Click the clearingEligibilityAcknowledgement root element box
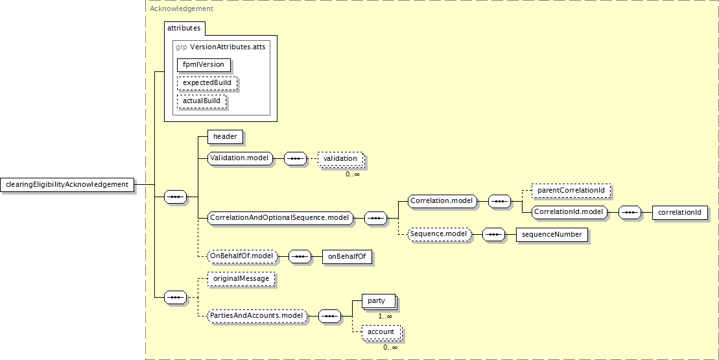(x=67, y=184)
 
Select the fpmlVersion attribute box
(x=204, y=65)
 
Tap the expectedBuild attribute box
(x=207, y=83)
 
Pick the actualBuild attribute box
(x=202, y=101)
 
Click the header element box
(x=225, y=136)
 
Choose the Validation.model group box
(x=239, y=158)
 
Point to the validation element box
(x=341, y=159)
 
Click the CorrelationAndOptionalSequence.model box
(x=280, y=218)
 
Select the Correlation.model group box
(x=442, y=201)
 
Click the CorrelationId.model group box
(x=569, y=212)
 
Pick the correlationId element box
(x=679, y=212)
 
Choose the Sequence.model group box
(x=439, y=234)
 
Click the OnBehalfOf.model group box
(x=242, y=256)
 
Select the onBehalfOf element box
(x=347, y=256)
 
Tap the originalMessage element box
(x=241, y=279)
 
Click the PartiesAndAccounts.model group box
(x=257, y=315)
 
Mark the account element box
(x=381, y=332)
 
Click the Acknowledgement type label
(x=182, y=8)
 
